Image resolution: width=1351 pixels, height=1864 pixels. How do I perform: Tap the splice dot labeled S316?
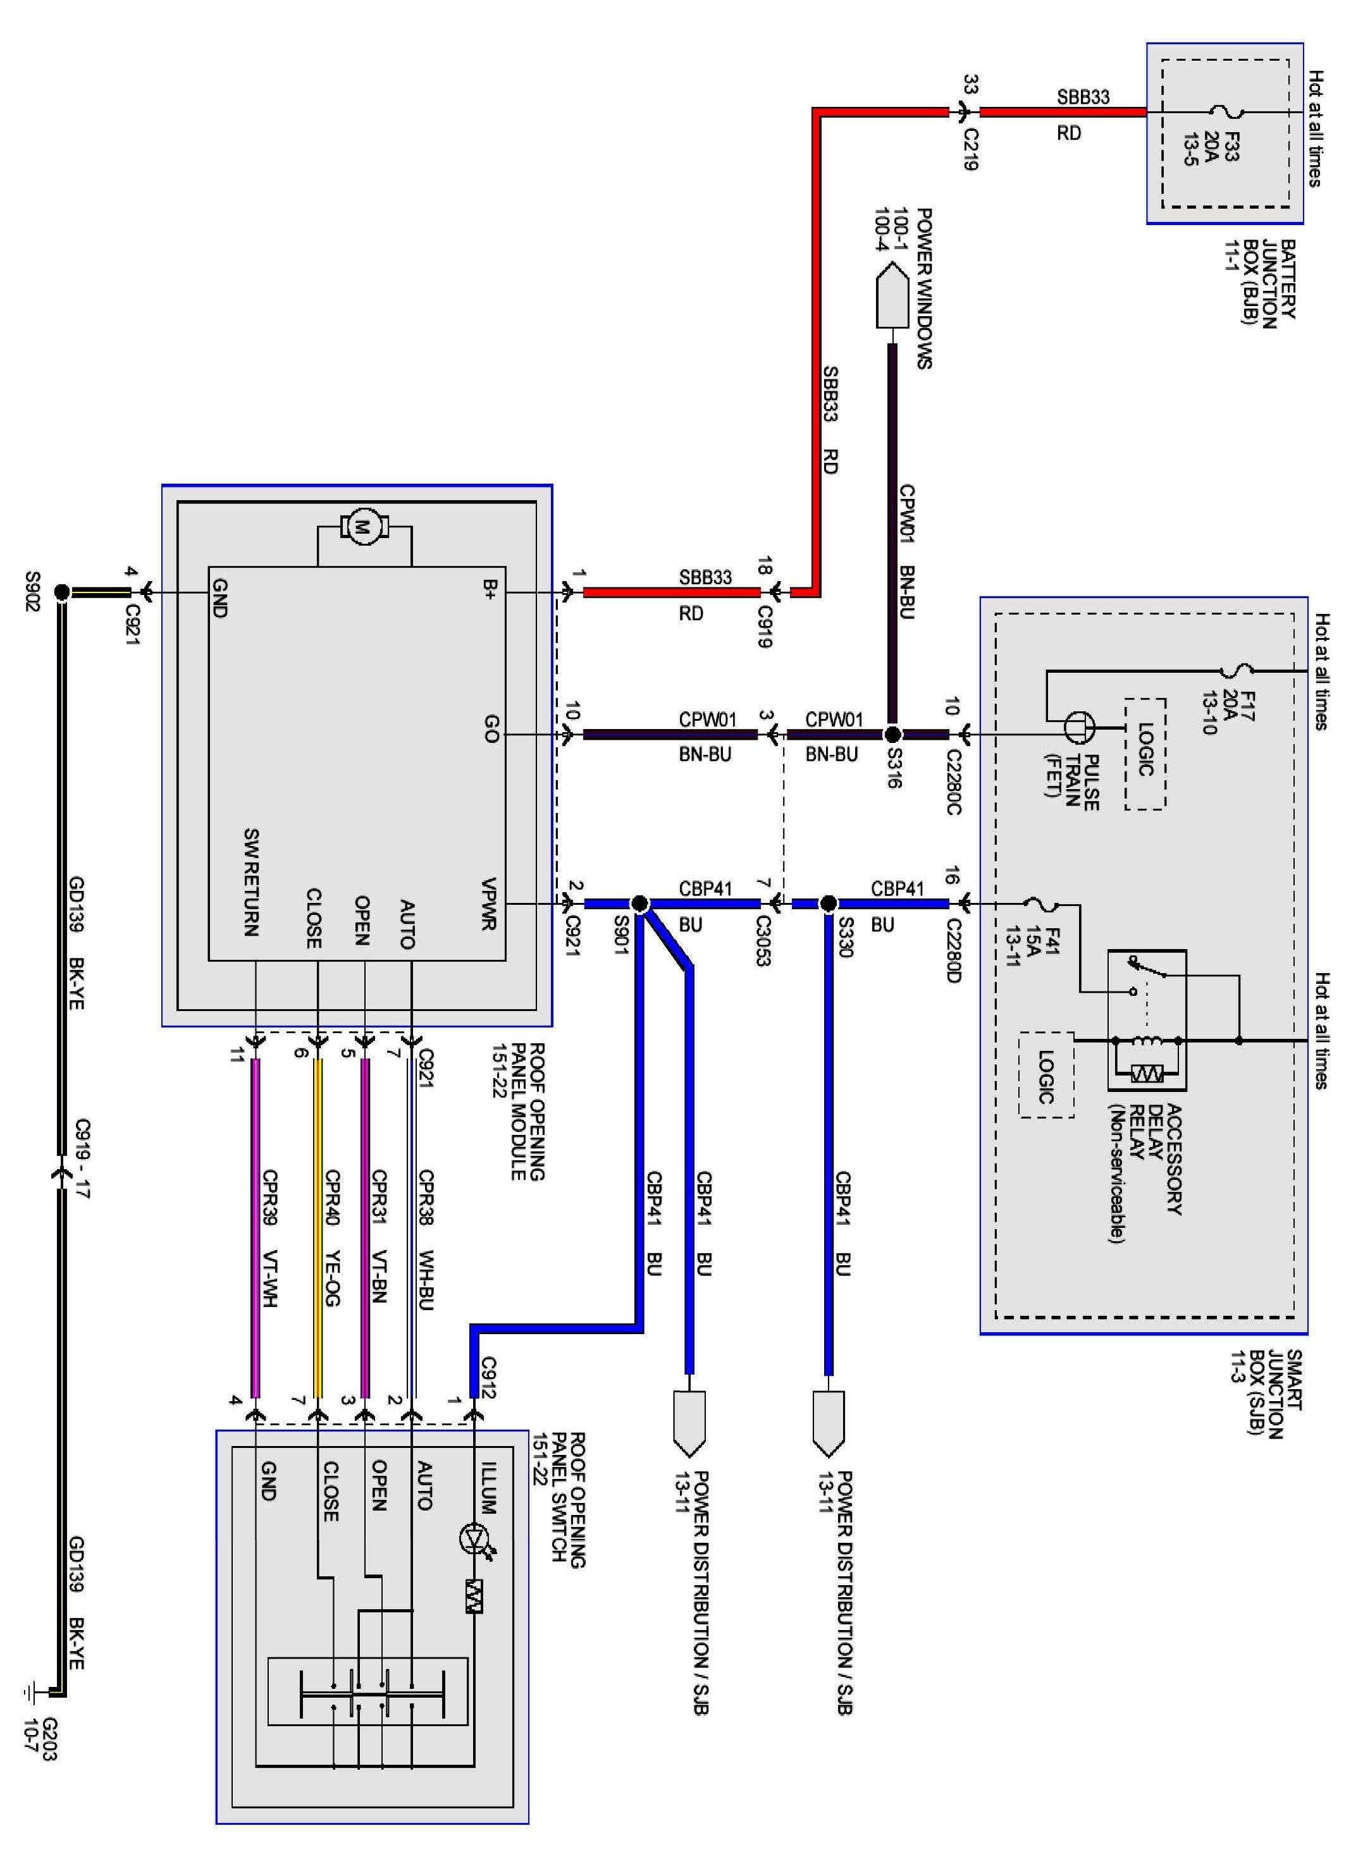click(892, 734)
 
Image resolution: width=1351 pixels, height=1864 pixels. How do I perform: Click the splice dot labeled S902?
click(60, 591)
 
